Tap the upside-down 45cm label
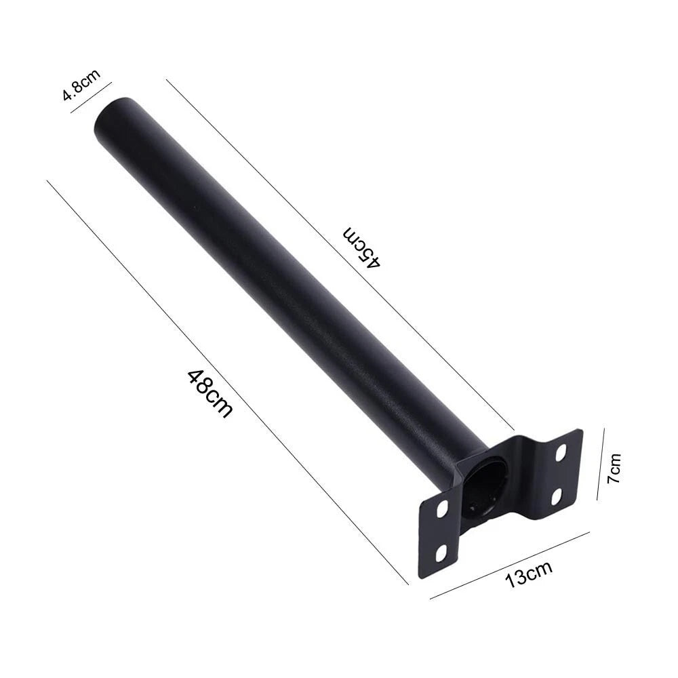(362, 245)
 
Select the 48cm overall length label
(210, 393)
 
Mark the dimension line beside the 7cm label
(600, 464)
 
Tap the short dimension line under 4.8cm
(91, 96)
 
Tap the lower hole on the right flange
(557, 497)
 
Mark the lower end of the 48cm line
(407, 583)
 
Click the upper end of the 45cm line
(167, 80)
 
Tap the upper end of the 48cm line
(47, 181)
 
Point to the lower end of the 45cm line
(513, 430)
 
